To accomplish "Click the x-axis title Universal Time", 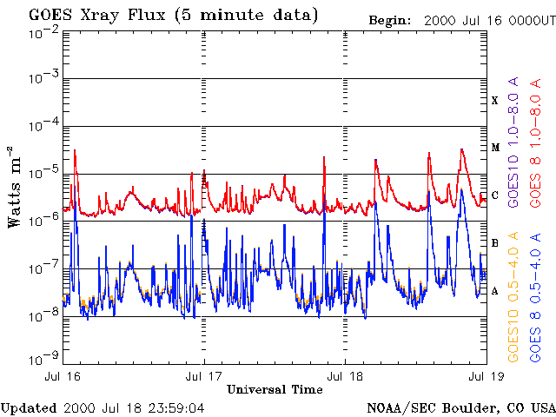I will pos(275,390).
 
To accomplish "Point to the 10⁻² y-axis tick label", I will pos(43,32).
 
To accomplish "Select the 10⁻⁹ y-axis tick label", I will pos(43,356).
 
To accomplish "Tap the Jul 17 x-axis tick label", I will pos(204,377).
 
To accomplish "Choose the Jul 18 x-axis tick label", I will pos(345,377).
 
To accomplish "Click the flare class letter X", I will pos(495,101).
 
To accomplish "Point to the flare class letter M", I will pos(495,148).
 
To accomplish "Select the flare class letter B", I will pos(495,243).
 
